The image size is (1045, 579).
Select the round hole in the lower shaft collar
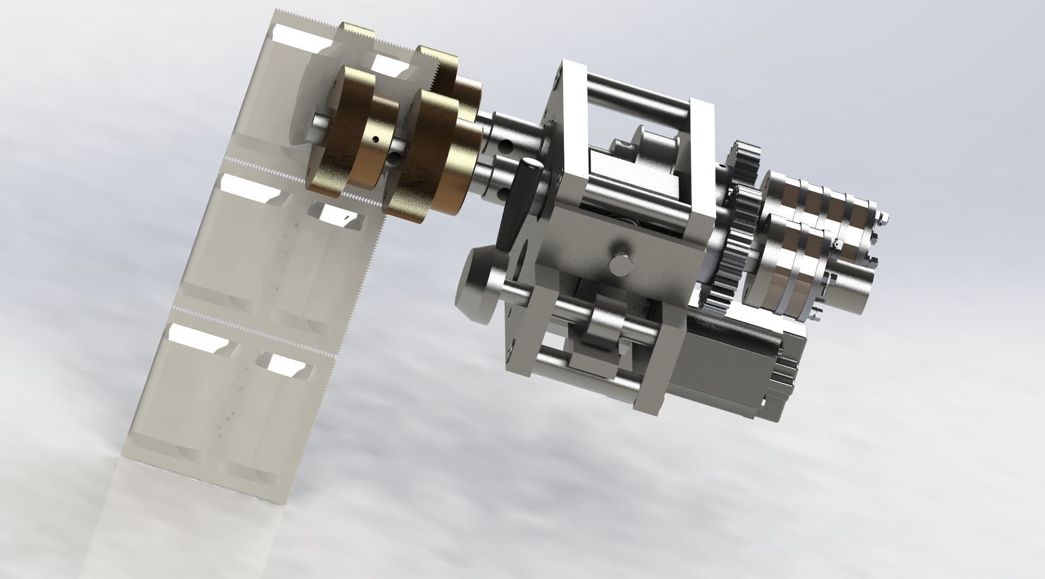pos(505,194)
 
